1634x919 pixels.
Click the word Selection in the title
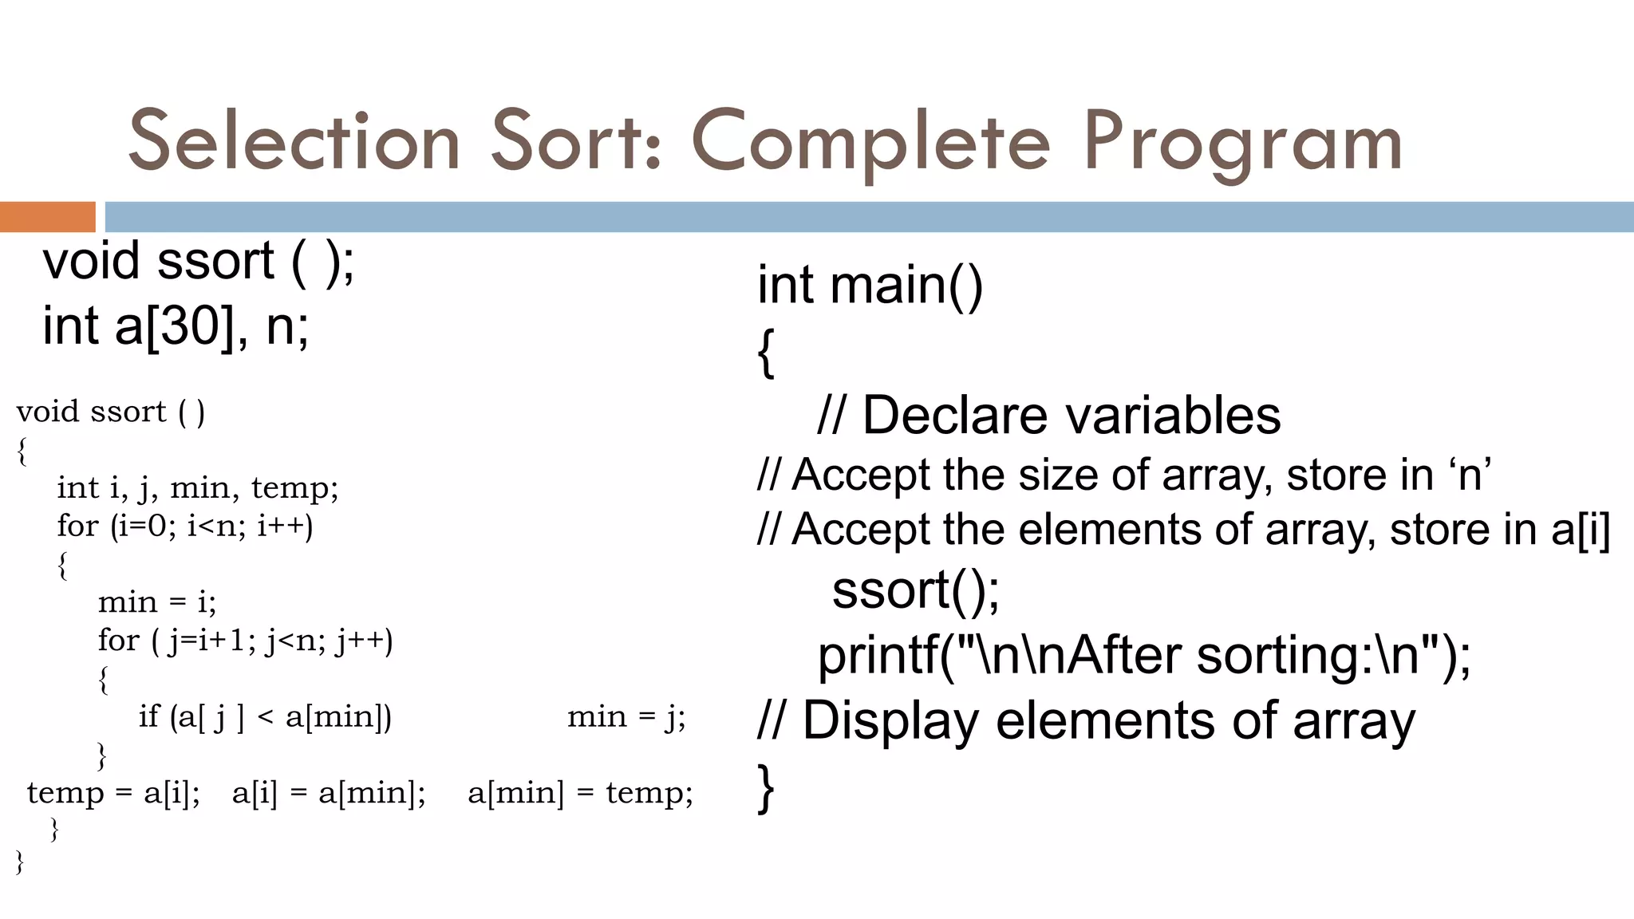pos(294,142)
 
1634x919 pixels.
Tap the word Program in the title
pos(1241,144)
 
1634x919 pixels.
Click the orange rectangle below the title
pos(47,217)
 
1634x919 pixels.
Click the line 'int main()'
pos(870,285)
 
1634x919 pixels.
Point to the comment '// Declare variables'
pos(1048,416)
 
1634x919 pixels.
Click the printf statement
pos(1144,656)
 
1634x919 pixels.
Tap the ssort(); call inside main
pos(915,590)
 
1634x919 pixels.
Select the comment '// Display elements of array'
pos(1086,720)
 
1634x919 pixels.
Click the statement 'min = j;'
pos(626,716)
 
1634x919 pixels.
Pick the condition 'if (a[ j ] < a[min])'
pos(265,716)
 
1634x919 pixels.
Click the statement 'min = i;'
pos(157,601)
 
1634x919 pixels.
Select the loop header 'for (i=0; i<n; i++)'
pos(185,526)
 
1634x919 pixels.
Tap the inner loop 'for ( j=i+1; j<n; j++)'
pos(246,641)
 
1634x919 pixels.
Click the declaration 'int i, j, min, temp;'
pos(198,487)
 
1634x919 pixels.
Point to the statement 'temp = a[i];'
pos(113,793)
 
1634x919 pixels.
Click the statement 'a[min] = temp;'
pos(580,793)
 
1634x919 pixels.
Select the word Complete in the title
pos(871,144)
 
